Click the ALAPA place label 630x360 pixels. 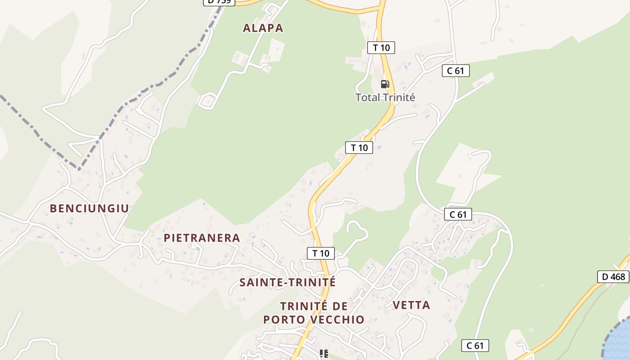click(263, 28)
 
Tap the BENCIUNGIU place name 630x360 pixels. click(89, 208)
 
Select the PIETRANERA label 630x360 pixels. click(202, 238)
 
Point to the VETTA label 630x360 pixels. click(411, 305)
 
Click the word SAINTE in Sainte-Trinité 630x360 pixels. click(262, 283)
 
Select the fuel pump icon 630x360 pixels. click(385, 84)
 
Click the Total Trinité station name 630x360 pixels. click(385, 97)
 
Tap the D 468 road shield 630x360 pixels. click(613, 277)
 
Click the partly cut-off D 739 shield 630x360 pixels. click(219, 2)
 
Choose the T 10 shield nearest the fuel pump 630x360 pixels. click(381, 48)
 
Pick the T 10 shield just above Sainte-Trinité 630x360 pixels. click(321, 253)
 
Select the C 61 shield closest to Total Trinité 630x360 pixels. click(455, 71)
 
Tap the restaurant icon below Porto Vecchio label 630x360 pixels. click(324, 354)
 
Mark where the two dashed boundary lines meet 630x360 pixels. click(79, 169)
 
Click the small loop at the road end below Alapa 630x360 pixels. click(207, 100)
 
